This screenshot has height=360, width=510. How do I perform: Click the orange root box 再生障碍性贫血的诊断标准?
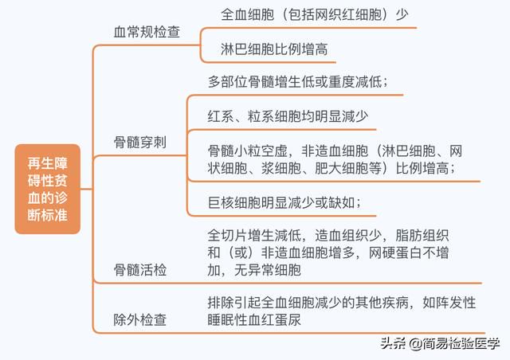tap(48, 189)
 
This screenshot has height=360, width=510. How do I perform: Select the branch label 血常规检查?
tap(147, 32)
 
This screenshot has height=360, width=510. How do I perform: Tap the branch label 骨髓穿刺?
tap(140, 142)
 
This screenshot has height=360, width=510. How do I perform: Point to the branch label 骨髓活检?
tap(140, 269)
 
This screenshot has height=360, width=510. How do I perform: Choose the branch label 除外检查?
tap(140, 319)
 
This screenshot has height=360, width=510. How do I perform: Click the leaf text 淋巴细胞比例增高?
tap(274, 49)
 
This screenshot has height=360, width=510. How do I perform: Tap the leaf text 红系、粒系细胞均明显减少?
tap(288, 116)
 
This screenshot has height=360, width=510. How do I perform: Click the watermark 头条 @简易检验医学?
tap(441, 343)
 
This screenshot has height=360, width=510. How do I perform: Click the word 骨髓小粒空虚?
tap(248, 151)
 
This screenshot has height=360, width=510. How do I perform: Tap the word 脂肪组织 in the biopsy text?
tap(422, 235)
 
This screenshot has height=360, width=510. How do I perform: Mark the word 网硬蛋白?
tap(395, 252)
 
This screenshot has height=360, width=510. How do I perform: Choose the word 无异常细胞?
tap(268, 269)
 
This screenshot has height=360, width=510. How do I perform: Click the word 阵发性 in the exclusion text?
tap(456, 303)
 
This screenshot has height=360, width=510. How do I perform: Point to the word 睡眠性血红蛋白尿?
tap(254, 319)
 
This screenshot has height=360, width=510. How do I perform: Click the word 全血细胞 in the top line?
tap(248, 14)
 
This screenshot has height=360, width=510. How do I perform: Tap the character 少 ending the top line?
tap(402, 14)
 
